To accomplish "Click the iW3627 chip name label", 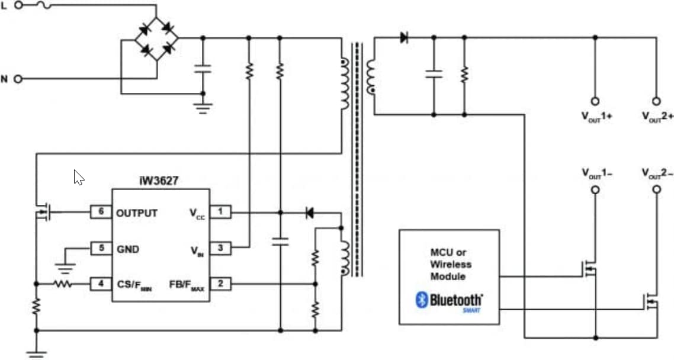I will click(x=161, y=179).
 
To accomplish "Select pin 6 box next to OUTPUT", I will click(x=101, y=212).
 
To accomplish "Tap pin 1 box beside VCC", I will click(x=220, y=212).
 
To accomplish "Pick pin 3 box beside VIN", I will click(x=220, y=248).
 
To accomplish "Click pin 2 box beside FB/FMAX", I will click(x=220, y=284).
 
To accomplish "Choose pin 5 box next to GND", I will click(x=101, y=248).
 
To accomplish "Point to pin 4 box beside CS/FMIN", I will click(x=101, y=284).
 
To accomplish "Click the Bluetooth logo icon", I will click(x=421, y=300).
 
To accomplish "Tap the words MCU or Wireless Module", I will click(x=448, y=264).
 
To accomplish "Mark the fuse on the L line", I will click(x=44, y=5).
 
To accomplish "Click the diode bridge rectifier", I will click(x=156, y=38).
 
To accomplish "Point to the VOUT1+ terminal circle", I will click(x=595, y=101).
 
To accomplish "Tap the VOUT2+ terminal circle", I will click(x=656, y=101).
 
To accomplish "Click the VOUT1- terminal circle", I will click(x=595, y=189).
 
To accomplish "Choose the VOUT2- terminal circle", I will click(x=656, y=189).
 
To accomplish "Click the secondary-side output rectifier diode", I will click(x=405, y=38).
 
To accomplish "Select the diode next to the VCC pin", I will click(x=309, y=213).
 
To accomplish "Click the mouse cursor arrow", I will click(x=78, y=177).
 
